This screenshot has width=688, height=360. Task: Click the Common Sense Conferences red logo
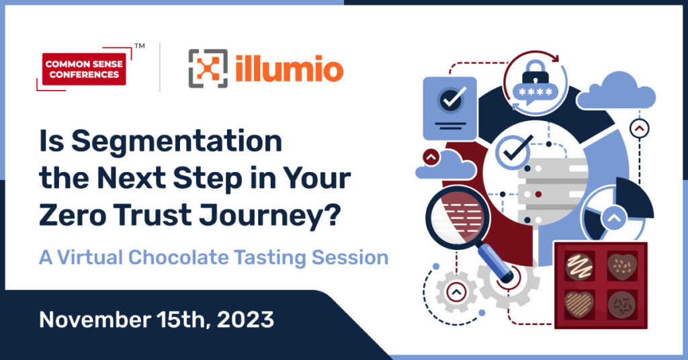click(x=84, y=69)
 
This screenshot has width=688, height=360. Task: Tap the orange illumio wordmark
click(x=289, y=69)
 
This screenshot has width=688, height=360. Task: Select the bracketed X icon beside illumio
click(x=208, y=69)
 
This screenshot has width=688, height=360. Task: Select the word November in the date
click(x=95, y=320)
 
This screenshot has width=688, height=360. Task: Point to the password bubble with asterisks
click(x=535, y=93)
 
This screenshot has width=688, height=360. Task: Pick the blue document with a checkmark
click(x=449, y=109)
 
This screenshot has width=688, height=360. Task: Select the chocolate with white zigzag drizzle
click(x=578, y=267)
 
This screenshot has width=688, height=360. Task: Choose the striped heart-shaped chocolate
click(x=578, y=304)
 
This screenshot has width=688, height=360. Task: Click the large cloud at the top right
click(x=615, y=92)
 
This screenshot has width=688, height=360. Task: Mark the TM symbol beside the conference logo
click(x=140, y=45)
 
